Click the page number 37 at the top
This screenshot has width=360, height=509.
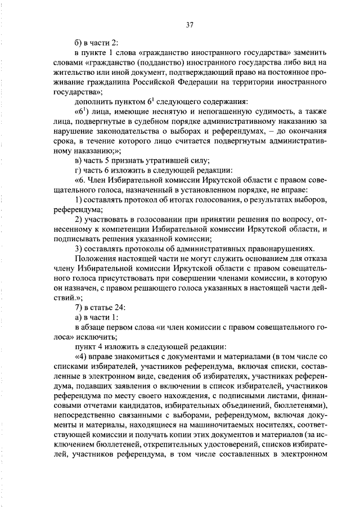(190, 24)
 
